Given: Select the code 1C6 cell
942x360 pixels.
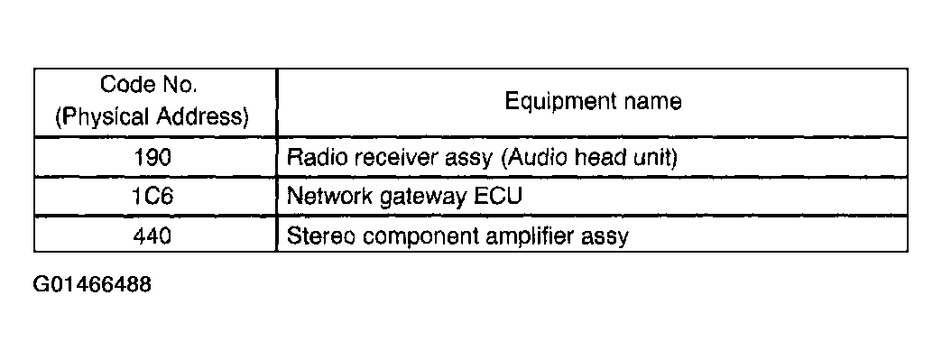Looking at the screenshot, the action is [x=155, y=196].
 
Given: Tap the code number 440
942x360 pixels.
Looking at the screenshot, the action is [x=152, y=235].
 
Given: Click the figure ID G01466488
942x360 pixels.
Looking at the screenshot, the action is [x=92, y=283].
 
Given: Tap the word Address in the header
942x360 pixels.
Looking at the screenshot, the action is [x=202, y=116].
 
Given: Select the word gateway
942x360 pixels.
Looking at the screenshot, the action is [x=422, y=198].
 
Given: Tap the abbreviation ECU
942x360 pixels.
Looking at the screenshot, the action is [x=497, y=196].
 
